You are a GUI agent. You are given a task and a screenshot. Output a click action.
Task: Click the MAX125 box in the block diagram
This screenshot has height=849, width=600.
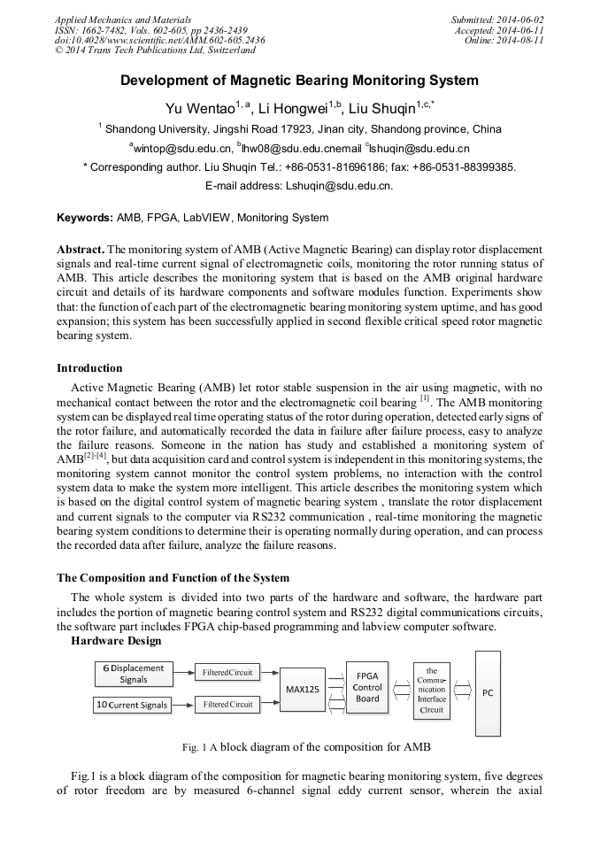[303, 689]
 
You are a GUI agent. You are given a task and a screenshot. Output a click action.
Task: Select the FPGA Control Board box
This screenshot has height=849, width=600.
[367, 688]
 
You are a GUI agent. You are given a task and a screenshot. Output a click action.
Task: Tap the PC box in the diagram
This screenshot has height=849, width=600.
[487, 693]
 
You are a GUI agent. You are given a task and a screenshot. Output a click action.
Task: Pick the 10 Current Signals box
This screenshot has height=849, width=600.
[133, 706]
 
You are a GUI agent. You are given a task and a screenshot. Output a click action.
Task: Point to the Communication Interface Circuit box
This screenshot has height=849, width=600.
[432, 691]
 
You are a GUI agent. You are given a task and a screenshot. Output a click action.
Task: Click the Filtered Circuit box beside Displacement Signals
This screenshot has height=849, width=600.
[227, 673]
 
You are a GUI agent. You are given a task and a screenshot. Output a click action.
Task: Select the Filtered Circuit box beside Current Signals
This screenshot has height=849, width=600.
[227, 705]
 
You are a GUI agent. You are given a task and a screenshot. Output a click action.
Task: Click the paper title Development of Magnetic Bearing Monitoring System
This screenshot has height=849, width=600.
[299, 81]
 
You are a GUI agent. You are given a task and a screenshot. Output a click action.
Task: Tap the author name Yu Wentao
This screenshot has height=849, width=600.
[199, 109]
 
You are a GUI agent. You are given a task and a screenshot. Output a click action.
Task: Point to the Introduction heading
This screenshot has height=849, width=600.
[89, 368]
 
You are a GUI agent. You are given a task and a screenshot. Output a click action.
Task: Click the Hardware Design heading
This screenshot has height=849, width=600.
[116, 641]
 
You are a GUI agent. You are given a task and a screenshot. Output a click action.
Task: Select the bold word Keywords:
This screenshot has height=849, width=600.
[85, 218]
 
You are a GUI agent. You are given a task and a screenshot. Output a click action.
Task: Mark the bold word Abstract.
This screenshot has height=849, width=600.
[81, 250]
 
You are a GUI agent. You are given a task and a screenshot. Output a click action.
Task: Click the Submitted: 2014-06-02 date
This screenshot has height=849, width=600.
[497, 19]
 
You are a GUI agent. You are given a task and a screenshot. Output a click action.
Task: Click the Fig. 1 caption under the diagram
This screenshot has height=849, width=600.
[306, 747]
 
